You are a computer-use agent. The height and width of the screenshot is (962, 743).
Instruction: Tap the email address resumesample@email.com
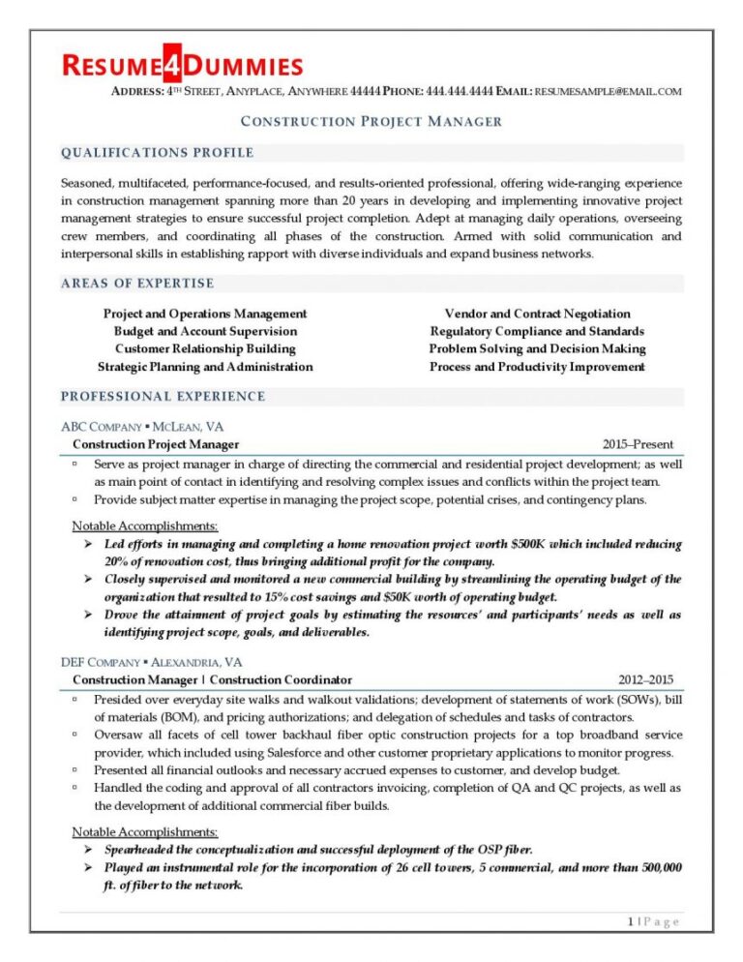(609, 91)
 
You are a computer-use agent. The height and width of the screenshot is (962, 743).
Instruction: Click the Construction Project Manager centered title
(371, 121)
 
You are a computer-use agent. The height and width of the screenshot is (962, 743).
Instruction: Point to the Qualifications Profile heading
(157, 153)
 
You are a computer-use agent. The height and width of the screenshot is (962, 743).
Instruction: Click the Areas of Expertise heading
(137, 284)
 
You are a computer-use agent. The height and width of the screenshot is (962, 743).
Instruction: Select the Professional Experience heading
(163, 396)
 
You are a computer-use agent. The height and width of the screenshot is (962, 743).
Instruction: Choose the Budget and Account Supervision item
(205, 331)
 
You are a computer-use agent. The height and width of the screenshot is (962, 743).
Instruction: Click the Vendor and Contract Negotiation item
(537, 314)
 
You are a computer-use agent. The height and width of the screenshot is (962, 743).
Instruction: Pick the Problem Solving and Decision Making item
(537, 348)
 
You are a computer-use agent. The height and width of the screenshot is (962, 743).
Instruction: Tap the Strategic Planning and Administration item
(205, 367)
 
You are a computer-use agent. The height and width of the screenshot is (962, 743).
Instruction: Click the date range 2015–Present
(638, 444)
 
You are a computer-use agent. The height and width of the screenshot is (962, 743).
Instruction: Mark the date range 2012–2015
(645, 679)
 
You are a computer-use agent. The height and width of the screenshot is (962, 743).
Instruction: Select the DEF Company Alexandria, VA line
(152, 662)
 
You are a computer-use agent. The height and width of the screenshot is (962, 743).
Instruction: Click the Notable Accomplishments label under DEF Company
(145, 831)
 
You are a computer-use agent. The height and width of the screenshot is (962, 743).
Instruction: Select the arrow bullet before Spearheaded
(89, 850)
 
